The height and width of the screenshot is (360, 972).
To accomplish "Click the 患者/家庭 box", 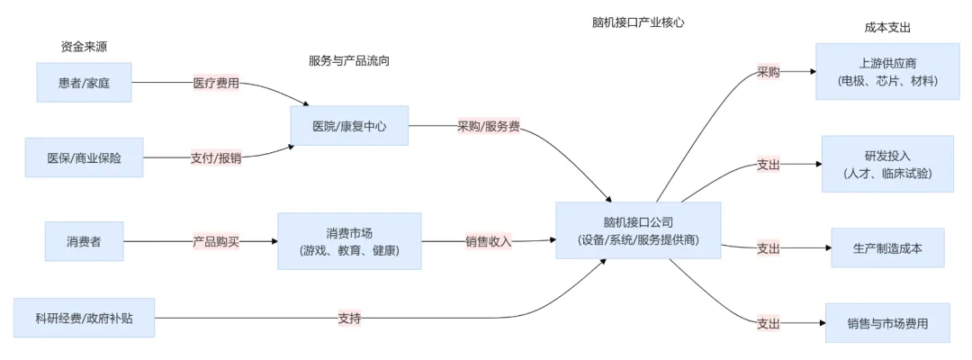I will click(x=84, y=83).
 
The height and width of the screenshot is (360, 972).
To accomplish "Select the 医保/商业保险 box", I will click(x=84, y=157).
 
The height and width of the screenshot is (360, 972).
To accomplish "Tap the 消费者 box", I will click(x=84, y=241).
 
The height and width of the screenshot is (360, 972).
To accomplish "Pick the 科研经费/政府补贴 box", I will click(x=84, y=318).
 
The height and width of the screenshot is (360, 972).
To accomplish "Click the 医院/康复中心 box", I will click(x=349, y=126).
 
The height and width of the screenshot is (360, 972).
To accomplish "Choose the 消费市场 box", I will click(x=349, y=241).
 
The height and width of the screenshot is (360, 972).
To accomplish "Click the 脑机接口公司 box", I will click(x=638, y=231).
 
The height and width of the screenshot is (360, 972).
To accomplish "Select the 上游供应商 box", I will click(x=887, y=71).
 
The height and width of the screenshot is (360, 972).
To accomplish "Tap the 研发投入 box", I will click(x=887, y=164).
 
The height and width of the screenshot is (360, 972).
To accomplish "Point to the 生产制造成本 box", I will click(x=887, y=247).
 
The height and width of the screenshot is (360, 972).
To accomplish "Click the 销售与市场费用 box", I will click(x=887, y=323).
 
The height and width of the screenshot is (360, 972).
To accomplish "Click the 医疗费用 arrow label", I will click(x=216, y=83).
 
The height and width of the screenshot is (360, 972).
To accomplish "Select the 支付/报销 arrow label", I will click(x=216, y=157).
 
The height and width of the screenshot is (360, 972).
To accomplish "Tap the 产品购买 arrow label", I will click(x=216, y=241).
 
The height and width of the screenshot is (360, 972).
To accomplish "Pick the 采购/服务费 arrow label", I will click(x=489, y=126).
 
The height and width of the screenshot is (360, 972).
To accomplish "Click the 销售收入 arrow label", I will click(x=489, y=241).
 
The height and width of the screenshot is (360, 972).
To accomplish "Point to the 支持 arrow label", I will click(x=350, y=318).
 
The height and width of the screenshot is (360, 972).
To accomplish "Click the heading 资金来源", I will click(x=84, y=47).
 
